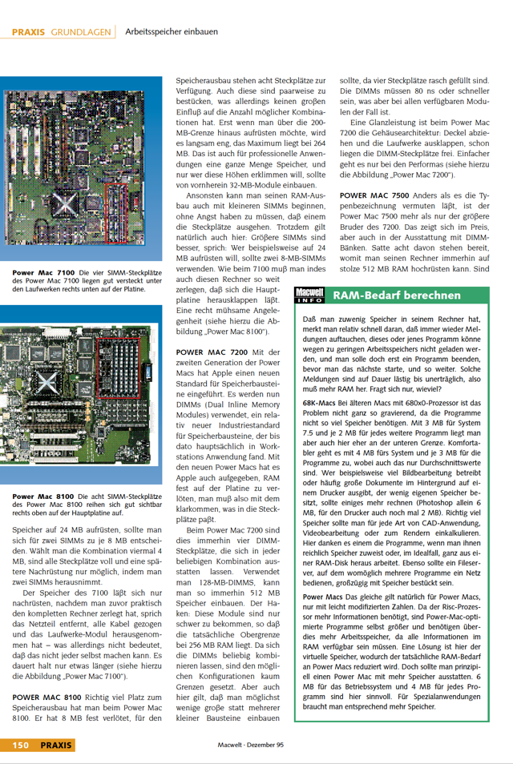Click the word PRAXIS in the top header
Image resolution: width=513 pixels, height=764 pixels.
tap(29, 32)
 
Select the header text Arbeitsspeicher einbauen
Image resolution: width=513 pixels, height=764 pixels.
tap(172, 32)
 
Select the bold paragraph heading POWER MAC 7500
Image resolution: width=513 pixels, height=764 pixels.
tap(374, 195)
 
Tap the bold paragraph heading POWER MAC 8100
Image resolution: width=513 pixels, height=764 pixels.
tap(46, 698)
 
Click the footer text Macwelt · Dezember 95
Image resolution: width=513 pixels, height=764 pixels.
tap(251, 745)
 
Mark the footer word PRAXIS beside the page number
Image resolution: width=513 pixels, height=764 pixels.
tap(56, 745)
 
